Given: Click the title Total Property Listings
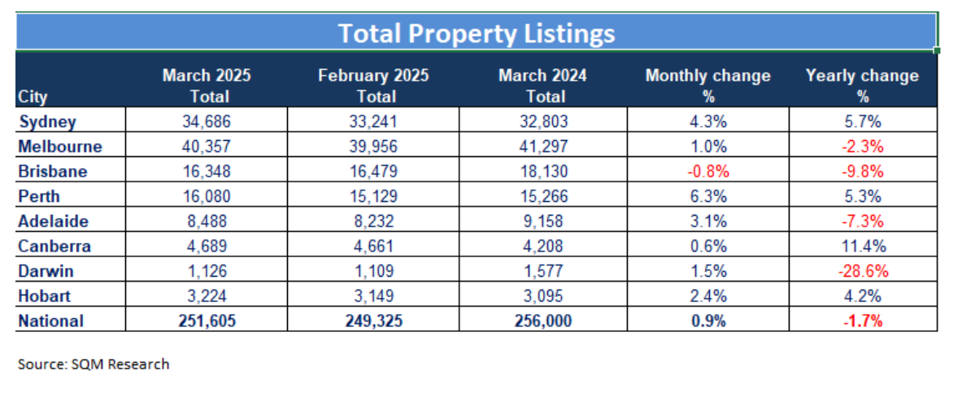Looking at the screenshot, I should [x=476, y=33].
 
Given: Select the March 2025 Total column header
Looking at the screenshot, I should [x=207, y=85].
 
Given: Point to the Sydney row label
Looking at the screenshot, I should [x=47, y=122].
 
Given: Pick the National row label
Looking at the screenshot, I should [x=50, y=321].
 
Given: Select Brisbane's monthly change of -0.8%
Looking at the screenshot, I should [x=707, y=172].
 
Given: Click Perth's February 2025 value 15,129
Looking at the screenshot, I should [x=372, y=197].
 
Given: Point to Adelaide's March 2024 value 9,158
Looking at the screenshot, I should [x=544, y=221].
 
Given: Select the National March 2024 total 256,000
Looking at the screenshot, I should [x=544, y=321].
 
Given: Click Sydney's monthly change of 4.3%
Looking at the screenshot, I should [x=707, y=122].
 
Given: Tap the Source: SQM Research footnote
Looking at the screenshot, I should [x=94, y=364].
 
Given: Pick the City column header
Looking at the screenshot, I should [x=33, y=97].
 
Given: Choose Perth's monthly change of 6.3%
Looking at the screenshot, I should [x=707, y=197].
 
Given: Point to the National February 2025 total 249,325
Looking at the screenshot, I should [x=372, y=321].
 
